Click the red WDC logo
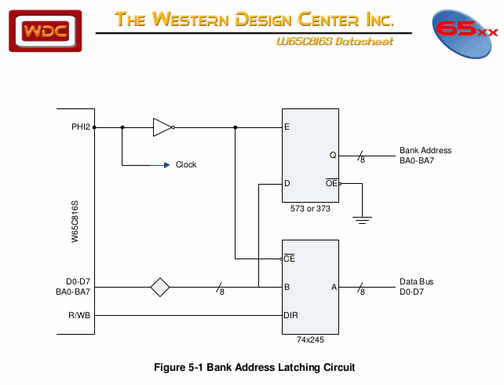click(x=46, y=31)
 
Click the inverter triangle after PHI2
click(x=163, y=126)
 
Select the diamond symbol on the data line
click(x=160, y=287)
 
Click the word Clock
click(x=186, y=165)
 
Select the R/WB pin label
click(x=79, y=316)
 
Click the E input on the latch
click(x=287, y=126)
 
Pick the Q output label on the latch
click(x=332, y=155)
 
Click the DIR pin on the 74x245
click(x=290, y=316)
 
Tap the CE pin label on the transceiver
click(x=289, y=258)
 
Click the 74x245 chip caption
click(x=310, y=340)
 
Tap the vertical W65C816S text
click(x=75, y=221)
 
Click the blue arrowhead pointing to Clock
click(x=166, y=165)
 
